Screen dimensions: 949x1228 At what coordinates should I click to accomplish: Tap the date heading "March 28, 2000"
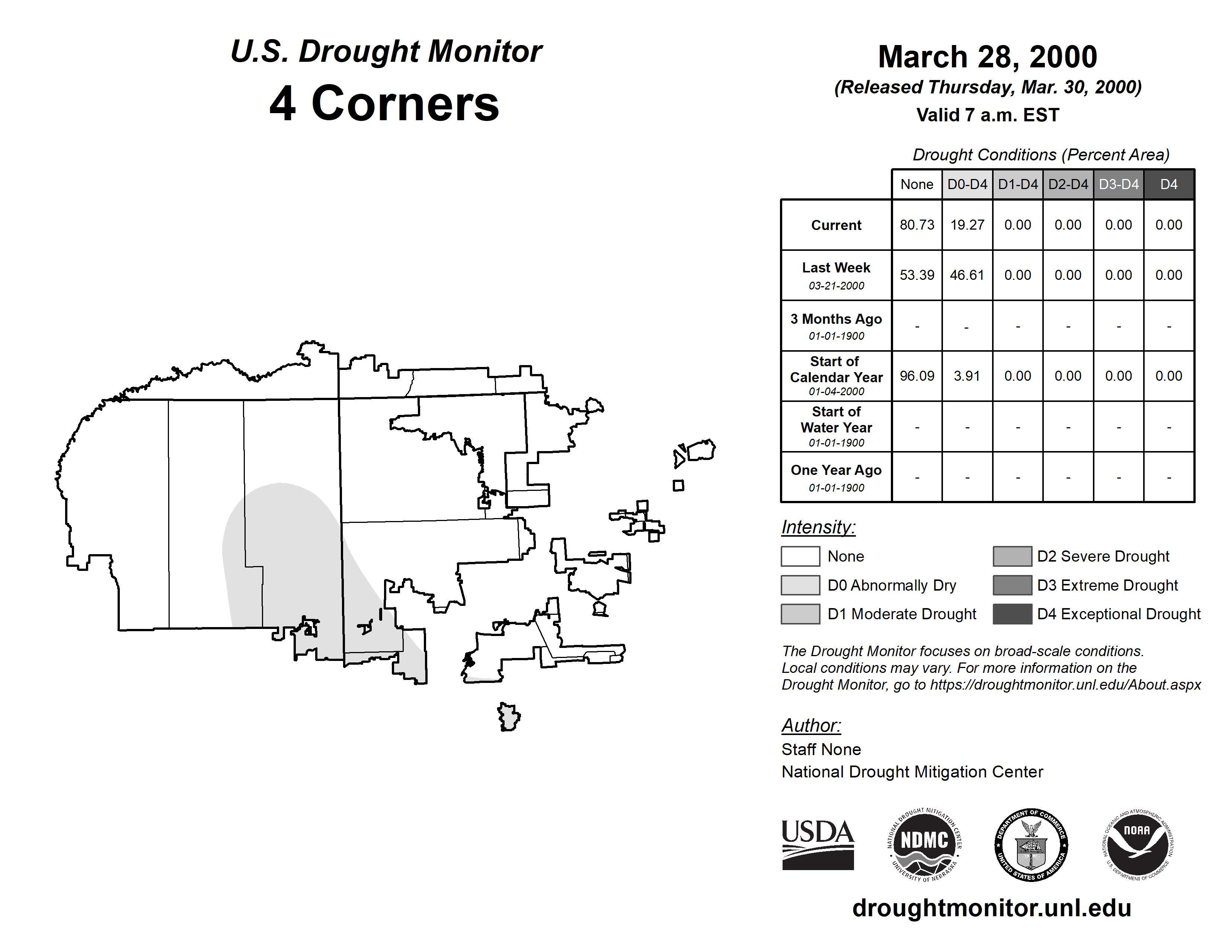click(987, 57)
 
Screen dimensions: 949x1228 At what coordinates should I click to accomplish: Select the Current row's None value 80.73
click(917, 225)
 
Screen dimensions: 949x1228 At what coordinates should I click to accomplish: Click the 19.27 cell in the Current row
click(967, 225)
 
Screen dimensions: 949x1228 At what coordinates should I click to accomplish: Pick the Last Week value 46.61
click(967, 275)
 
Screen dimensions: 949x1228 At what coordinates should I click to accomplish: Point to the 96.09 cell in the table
click(917, 376)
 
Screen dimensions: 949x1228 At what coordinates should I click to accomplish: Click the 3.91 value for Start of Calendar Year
click(967, 376)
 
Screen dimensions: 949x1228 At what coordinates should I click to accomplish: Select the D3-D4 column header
click(1118, 184)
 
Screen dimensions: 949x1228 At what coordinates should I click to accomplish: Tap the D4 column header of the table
click(1168, 184)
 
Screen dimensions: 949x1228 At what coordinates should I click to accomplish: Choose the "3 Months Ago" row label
click(836, 319)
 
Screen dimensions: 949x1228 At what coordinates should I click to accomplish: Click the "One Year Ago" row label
click(836, 470)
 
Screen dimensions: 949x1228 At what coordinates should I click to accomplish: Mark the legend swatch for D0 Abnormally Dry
click(800, 585)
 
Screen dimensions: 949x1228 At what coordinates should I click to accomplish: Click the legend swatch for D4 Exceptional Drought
click(1012, 614)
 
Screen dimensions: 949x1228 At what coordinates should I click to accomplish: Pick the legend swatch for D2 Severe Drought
click(1012, 556)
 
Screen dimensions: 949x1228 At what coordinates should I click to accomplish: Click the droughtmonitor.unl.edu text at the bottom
click(991, 908)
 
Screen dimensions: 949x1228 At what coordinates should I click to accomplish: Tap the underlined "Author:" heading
click(811, 725)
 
